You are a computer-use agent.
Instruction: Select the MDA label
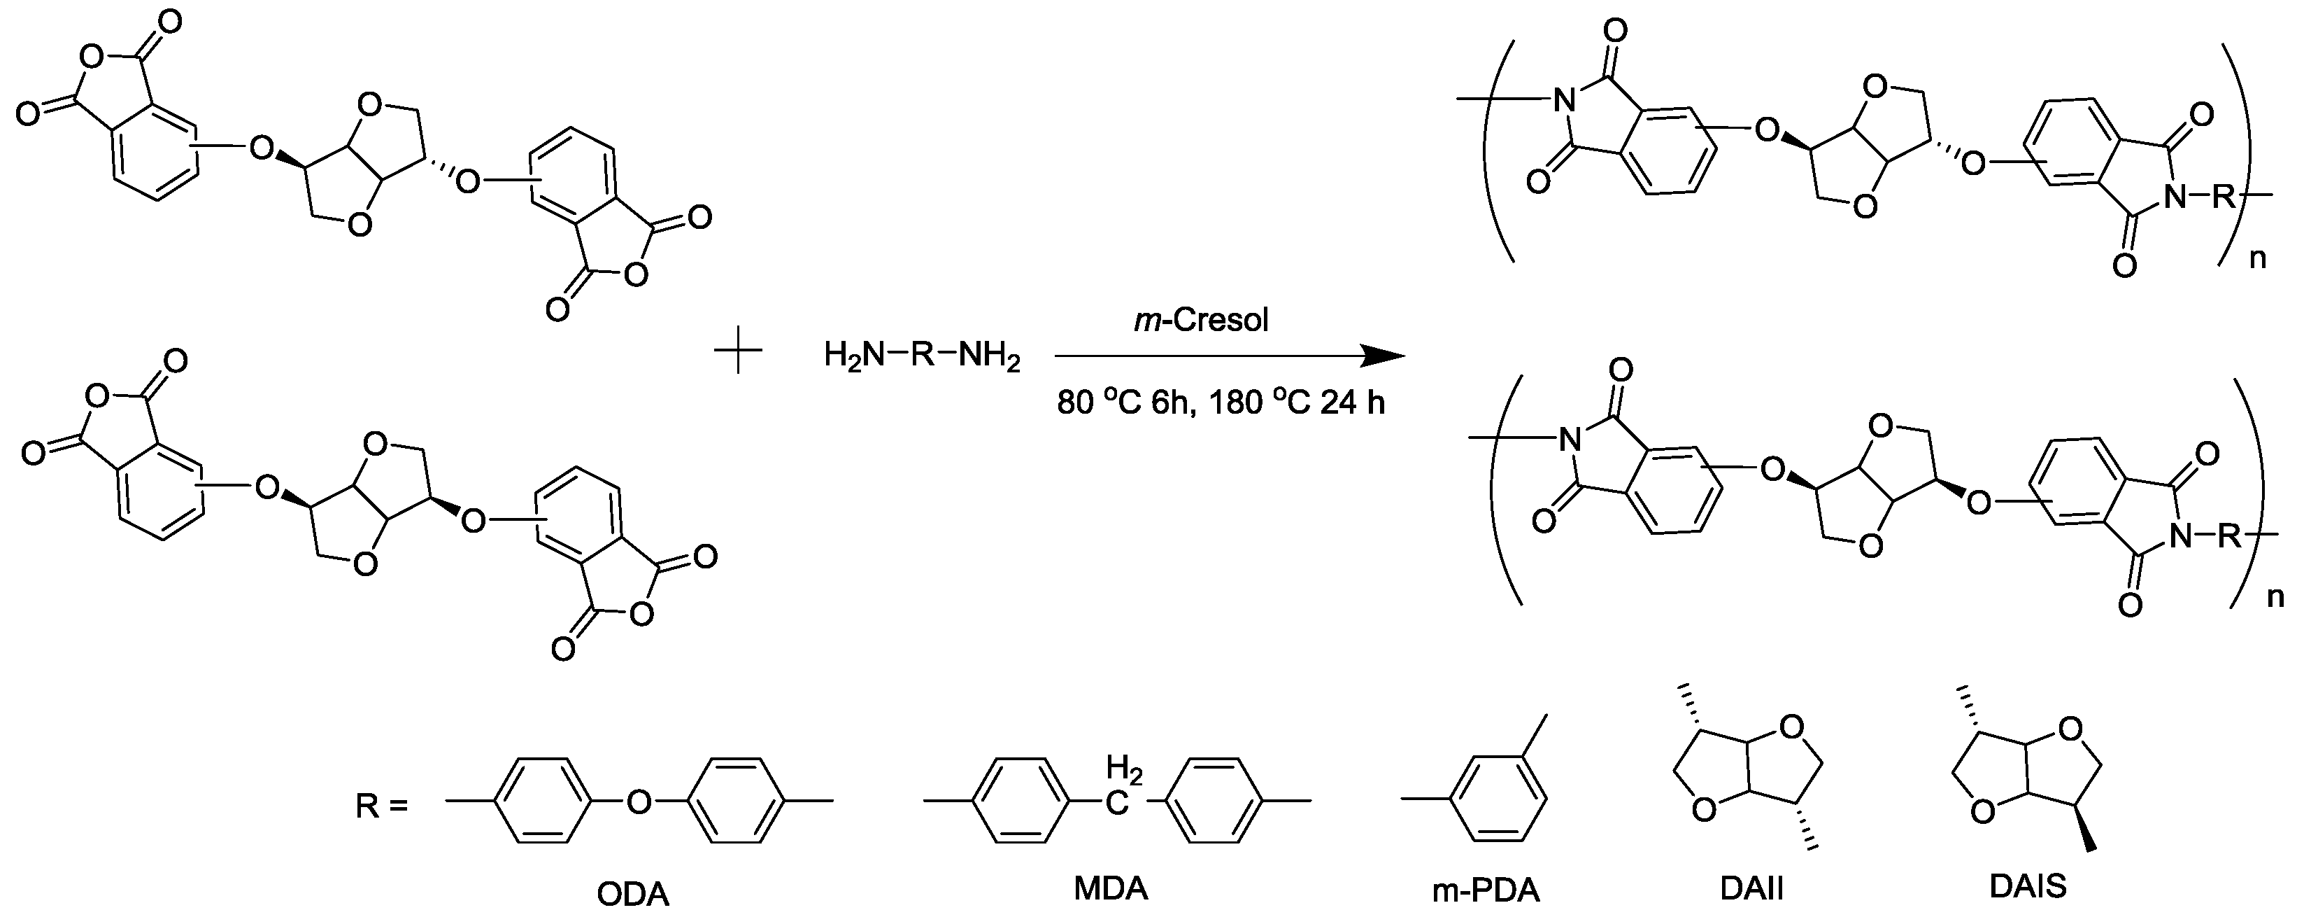(1110, 888)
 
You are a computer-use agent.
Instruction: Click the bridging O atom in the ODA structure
(639, 802)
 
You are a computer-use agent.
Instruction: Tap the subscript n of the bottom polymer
(2275, 597)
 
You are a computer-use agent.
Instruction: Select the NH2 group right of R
(988, 357)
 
